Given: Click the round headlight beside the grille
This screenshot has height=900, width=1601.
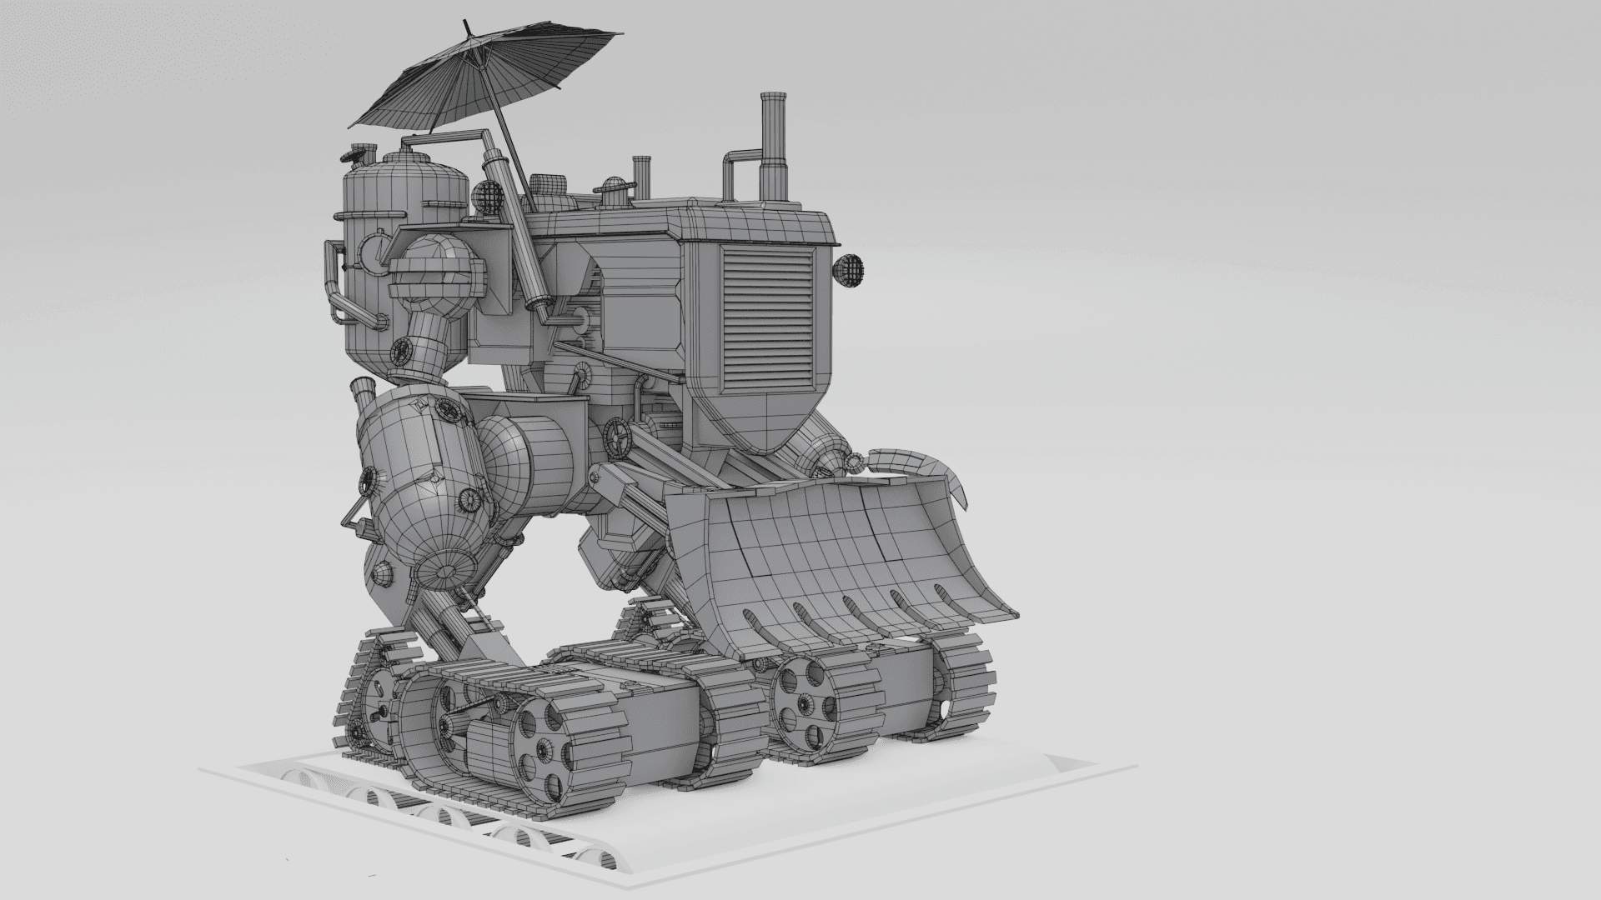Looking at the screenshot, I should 850,270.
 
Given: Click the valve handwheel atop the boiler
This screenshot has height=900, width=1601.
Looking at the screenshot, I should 360,155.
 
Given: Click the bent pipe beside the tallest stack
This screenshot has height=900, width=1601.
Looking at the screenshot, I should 738,171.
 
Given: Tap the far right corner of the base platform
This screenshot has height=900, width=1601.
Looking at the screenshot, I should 1137,765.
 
